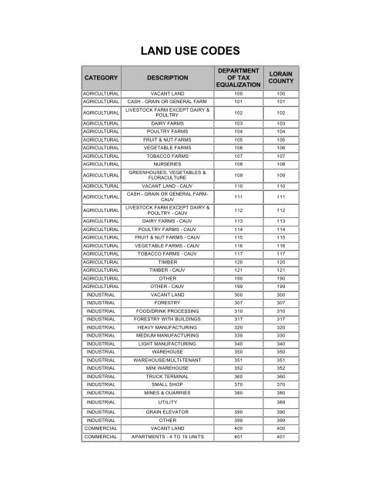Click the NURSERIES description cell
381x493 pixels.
[x=166, y=164]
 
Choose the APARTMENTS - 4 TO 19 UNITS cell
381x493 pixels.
[x=166, y=439]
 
